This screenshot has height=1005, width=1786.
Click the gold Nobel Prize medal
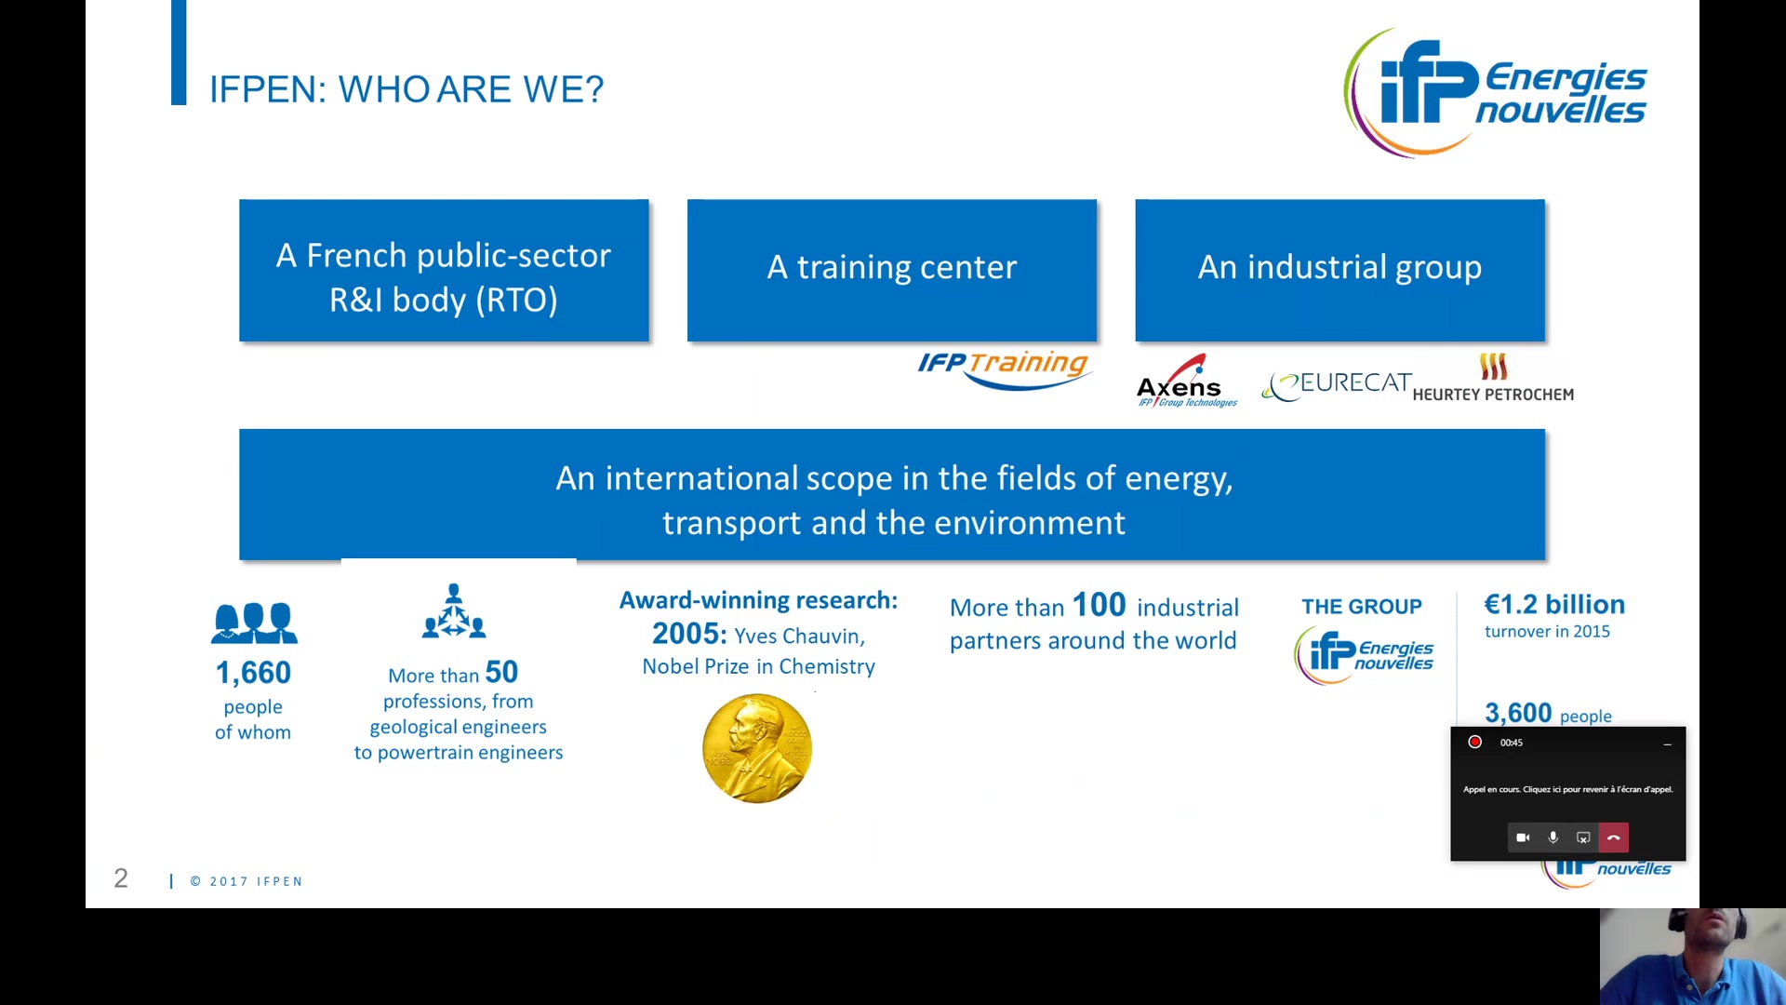(757, 748)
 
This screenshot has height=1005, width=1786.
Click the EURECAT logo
(1337, 384)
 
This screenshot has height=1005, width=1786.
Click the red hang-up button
(1614, 837)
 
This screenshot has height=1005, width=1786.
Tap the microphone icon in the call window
(1553, 837)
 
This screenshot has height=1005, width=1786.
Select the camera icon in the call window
(1523, 837)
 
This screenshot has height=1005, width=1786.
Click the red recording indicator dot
(1474, 742)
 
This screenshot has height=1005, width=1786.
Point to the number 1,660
(253, 672)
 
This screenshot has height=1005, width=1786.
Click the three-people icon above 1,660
(254, 623)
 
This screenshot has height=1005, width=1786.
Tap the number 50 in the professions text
(501, 672)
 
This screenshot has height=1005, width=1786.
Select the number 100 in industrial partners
(1100, 605)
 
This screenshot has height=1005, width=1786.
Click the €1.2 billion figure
(1554, 604)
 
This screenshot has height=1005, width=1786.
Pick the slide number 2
(121, 878)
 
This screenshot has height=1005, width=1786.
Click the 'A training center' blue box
(892, 270)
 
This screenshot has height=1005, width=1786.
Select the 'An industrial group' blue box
(1339, 270)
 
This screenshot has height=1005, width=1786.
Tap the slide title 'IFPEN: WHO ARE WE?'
(407, 89)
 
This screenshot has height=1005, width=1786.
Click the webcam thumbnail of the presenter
(1693, 957)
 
